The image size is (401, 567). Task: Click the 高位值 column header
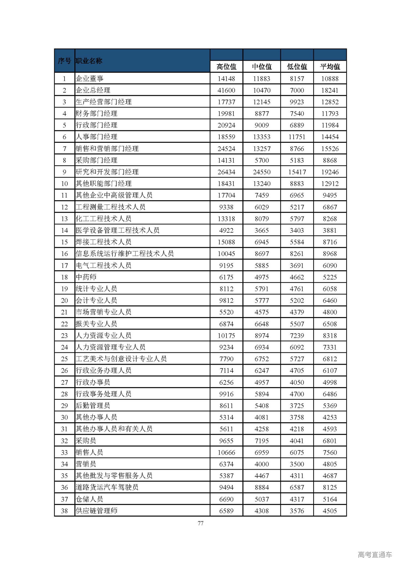point(226,67)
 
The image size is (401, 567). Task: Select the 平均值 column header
point(330,67)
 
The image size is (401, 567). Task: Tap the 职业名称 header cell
point(89,61)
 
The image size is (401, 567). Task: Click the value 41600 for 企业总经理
point(226,91)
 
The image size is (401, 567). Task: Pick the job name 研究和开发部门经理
point(107,172)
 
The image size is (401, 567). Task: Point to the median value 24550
point(262,172)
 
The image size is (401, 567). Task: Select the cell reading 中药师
point(86,277)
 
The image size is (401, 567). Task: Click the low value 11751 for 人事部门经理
point(297,137)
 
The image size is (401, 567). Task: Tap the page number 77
point(200,523)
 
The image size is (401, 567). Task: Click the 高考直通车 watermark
point(375,555)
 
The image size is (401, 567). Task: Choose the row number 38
point(64,511)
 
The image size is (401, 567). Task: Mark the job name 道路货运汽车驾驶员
point(107,487)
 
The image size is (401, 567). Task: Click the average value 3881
point(330,231)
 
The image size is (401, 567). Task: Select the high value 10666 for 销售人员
point(226,452)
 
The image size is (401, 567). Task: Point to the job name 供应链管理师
point(96,511)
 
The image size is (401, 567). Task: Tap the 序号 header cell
point(64,61)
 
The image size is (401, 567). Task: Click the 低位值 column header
point(297,67)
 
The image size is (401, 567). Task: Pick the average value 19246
point(330,172)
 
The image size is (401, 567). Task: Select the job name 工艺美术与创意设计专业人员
point(121,359)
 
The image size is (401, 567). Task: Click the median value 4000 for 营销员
point(262,464)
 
